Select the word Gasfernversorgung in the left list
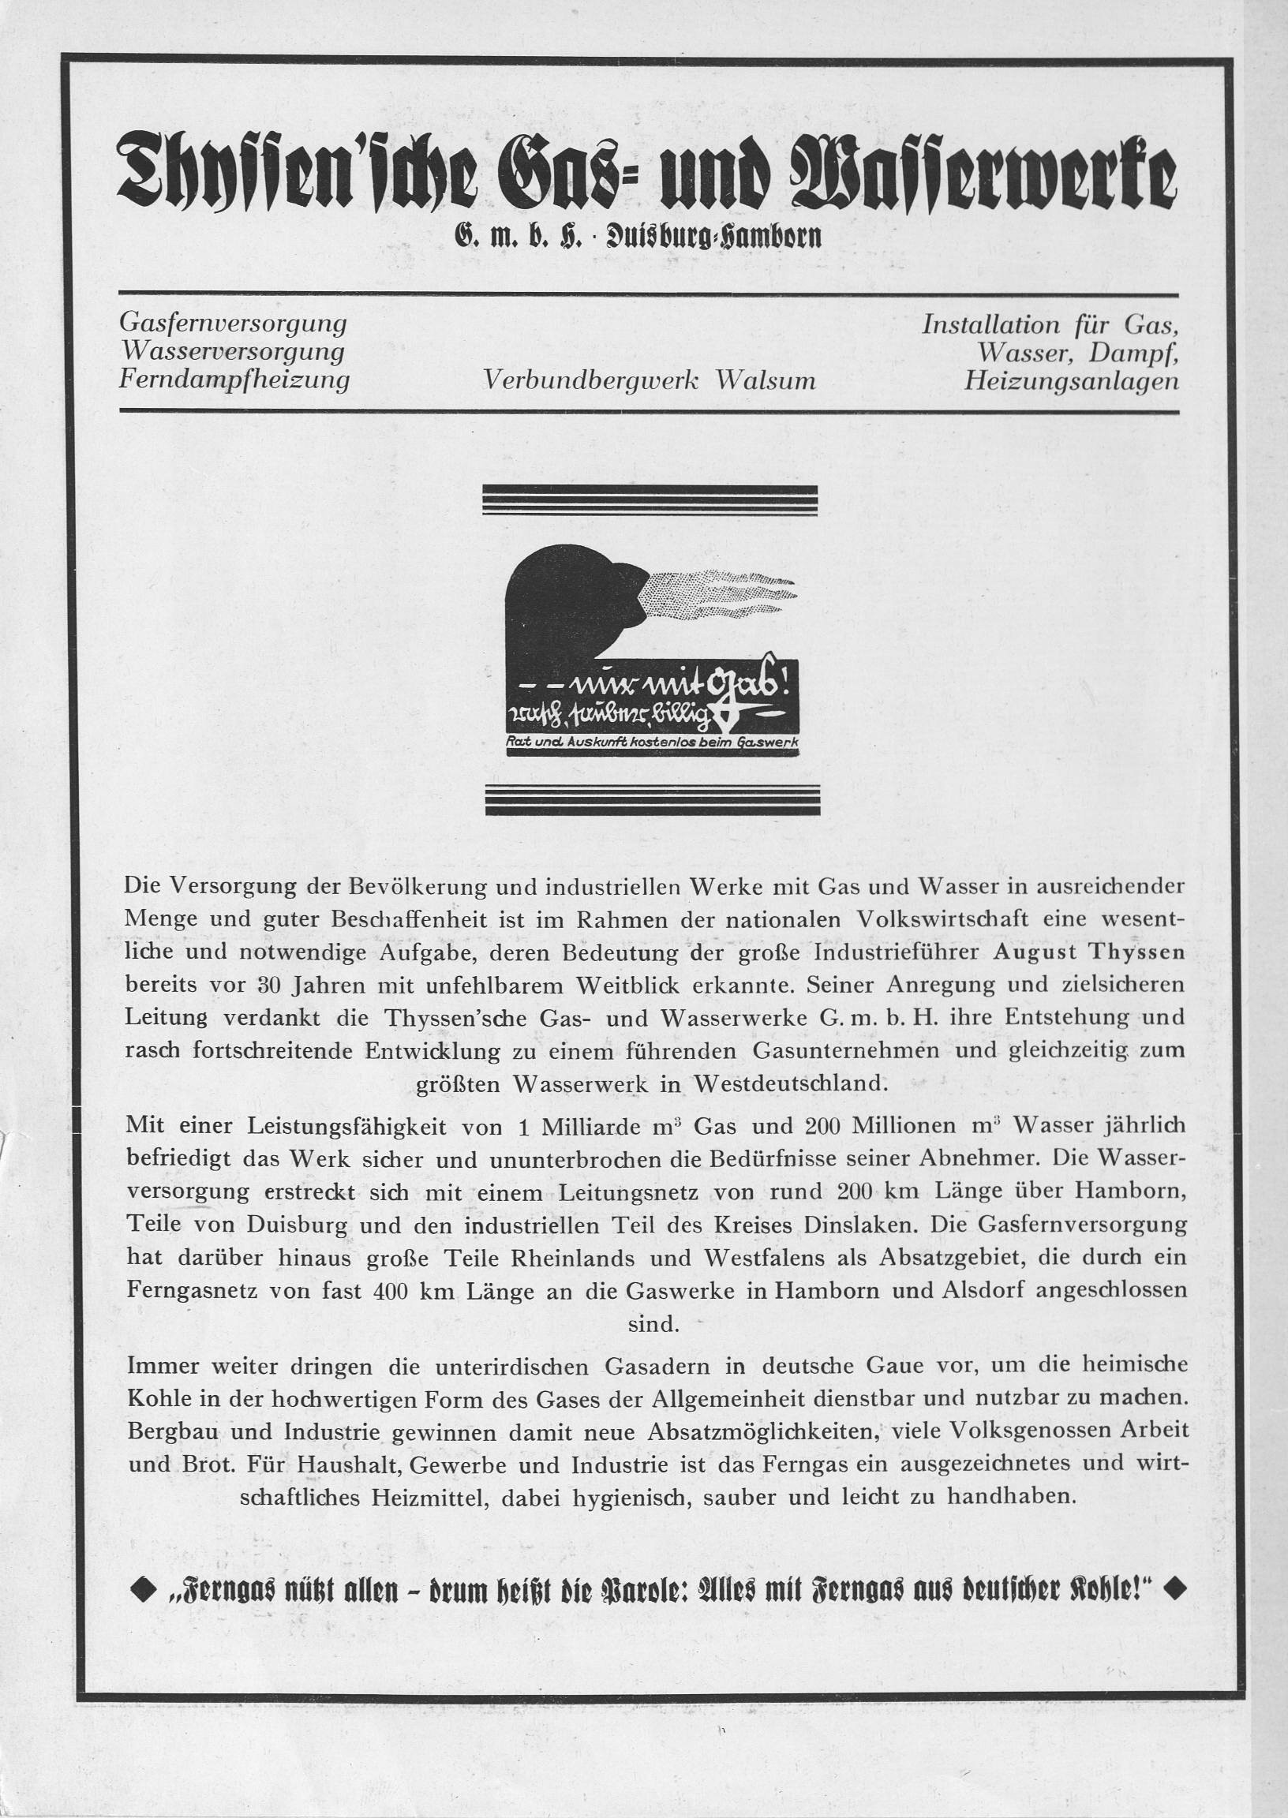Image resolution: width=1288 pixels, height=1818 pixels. point(233,324)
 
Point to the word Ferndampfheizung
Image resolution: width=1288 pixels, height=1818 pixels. point(234,380)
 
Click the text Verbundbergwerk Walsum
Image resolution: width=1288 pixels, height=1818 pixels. point(650,381)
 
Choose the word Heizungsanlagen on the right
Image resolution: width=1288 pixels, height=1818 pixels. point(1071,382)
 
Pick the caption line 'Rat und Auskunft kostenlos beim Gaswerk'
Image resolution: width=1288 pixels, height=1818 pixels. point(651,742)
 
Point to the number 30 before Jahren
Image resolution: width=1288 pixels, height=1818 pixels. point(271,986)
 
